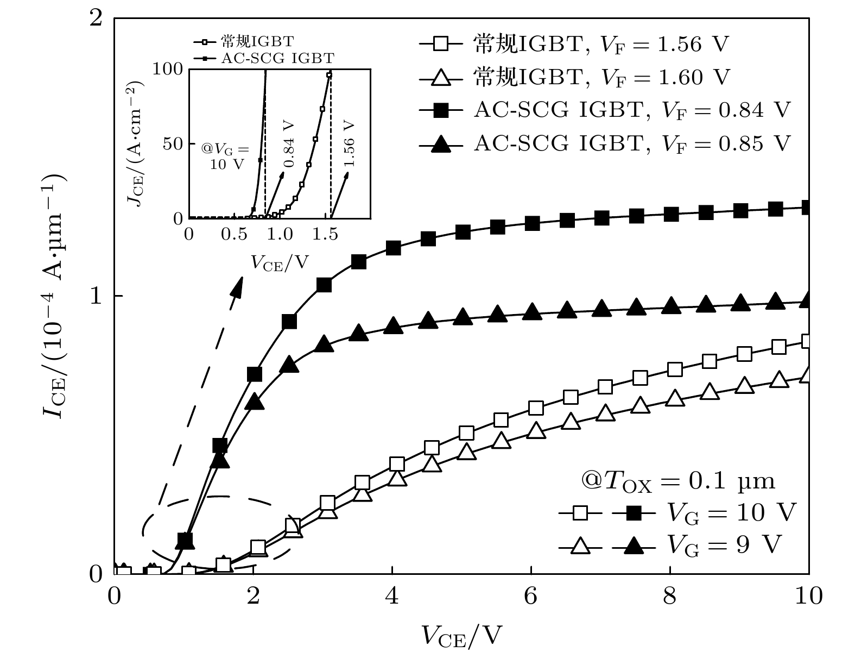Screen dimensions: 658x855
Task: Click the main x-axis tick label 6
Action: tap(530, 597)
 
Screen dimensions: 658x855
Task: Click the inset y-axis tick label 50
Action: tap(173, 143)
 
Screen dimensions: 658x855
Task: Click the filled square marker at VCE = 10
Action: tap(807, 207)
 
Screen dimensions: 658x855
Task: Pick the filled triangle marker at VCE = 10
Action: tap(807, 300)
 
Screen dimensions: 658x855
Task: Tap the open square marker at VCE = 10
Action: tap(807, 341)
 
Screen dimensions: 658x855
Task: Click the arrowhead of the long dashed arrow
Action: tap(238, 286)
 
